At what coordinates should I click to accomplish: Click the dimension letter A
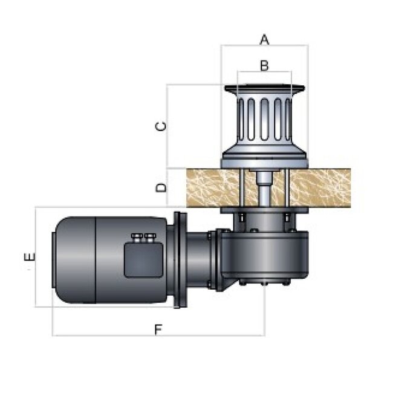click(x=264, y=39)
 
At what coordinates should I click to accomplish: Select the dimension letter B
click(x=264, y=65)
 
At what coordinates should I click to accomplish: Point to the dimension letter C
click(x=161, y=126)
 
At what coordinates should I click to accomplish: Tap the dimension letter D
click(x=161, y=187)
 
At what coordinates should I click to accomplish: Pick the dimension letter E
click(x=30, y=257)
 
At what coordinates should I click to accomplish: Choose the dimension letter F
click(x=158, y=330)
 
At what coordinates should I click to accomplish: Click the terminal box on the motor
click(x=144, y=261)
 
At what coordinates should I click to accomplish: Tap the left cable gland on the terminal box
click(x=137, y=238)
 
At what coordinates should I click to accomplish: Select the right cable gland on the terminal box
click(x=150, y=238)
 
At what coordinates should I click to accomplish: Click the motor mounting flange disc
click(x=180, y=260)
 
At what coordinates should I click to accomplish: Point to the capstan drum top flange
click(x=264, y=88)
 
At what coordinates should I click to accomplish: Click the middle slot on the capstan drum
click(x=264, y=119)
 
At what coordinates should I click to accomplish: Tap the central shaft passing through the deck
click(x=264, y=189)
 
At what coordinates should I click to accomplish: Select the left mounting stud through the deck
click(x=242, y=187)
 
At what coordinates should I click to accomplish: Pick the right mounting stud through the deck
click(x=287, y=187)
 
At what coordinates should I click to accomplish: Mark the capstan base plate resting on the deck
click(x=264, y=163)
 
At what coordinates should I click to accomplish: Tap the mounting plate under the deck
click(x=264, y=210)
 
